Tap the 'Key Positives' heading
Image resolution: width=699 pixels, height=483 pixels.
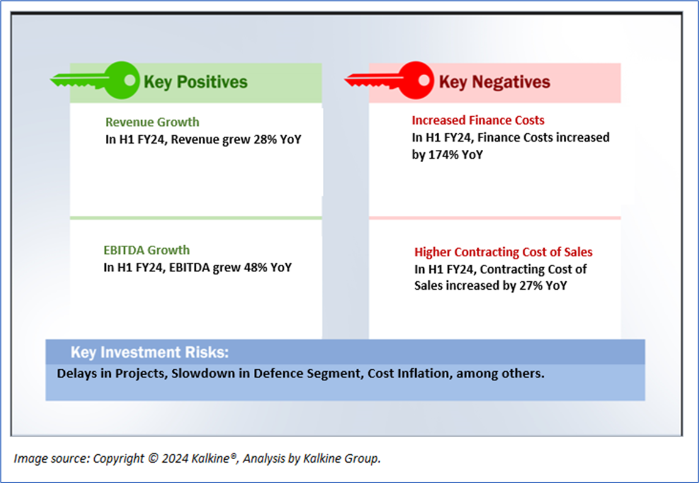(x=195, y=82)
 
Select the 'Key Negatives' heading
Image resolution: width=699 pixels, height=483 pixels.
(x=494, y=82)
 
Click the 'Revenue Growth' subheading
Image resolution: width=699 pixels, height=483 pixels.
(x=152, y=122)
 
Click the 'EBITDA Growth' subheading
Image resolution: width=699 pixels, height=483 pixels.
(x=147, y=250)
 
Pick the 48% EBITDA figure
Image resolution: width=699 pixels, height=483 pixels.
(x=256, y=267)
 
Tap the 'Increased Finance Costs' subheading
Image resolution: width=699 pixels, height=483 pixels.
(x=478, y=120)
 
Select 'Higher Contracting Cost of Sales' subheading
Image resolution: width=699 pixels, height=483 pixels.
(x=503, y=252)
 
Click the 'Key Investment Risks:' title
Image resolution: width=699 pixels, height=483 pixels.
(x=149, y=352)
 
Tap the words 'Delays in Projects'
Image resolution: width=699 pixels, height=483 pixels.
(x=111, y=374)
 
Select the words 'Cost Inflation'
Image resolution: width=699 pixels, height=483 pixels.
(x=409, y=374)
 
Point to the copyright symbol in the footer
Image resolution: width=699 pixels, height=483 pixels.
(x=153, y=459)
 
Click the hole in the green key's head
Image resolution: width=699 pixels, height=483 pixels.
(x=130, y=80)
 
